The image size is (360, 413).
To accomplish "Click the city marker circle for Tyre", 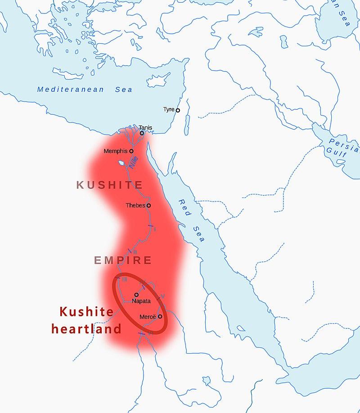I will (x=178, y=110).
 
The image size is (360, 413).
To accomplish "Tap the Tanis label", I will (x=145, y=128).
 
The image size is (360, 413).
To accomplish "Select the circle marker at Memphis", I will (x=131, y=151).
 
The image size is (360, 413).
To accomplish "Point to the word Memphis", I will (x=115, y=151).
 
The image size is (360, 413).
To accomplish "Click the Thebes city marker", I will (x=148, y=206).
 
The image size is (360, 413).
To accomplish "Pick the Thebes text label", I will (x=135, y=206).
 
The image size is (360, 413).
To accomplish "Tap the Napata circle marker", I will (x=136, y=295).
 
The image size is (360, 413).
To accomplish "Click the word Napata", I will (x=141, y=301).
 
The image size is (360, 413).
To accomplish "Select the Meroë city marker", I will (x=160, y=317).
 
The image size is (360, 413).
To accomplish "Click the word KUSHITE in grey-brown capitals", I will (x=110, y=185).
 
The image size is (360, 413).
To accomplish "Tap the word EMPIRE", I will (x=123, y=260).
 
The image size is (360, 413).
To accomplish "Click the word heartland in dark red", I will (x=86, y=329).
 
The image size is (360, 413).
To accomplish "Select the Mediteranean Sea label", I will (x=85, y=90).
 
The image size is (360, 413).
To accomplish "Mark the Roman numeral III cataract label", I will (x=125, y=279).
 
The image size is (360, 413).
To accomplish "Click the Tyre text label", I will (x=169, y=110).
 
